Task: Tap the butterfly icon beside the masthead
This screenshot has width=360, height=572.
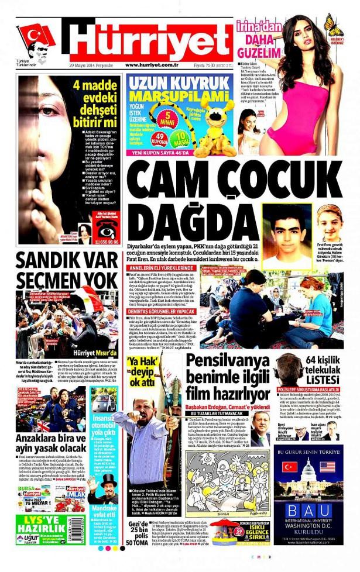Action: point(334,26)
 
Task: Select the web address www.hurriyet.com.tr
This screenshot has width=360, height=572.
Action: point(155,65)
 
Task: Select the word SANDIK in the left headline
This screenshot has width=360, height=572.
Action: point(47,261)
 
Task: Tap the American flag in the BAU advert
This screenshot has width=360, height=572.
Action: point(327,467)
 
